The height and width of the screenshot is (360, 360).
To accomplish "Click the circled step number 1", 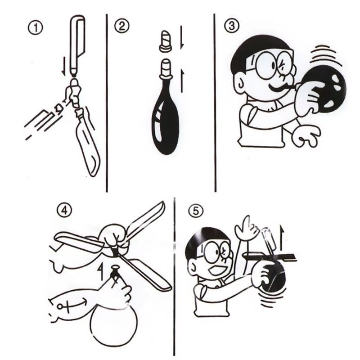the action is (36, 28).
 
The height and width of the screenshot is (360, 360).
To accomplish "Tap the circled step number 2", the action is (121, 26).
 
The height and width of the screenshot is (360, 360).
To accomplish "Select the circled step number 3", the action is (231, 26).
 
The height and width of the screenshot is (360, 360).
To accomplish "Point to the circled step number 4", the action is (64, 210).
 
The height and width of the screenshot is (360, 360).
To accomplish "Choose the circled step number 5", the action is (196, 211).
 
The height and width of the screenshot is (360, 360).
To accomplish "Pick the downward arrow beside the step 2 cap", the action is (182, 37).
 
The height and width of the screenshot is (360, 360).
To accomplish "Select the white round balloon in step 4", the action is (114, 324).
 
